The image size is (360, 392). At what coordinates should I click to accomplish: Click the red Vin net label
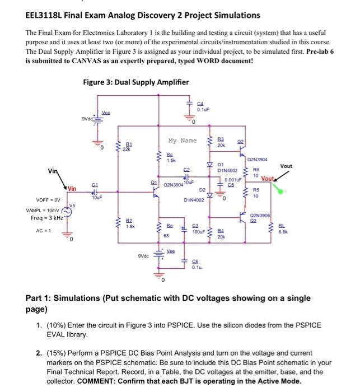[72, 189]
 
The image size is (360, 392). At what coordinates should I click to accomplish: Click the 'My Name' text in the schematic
[182, 141]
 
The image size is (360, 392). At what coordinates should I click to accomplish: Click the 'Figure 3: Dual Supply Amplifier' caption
[135, 82]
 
